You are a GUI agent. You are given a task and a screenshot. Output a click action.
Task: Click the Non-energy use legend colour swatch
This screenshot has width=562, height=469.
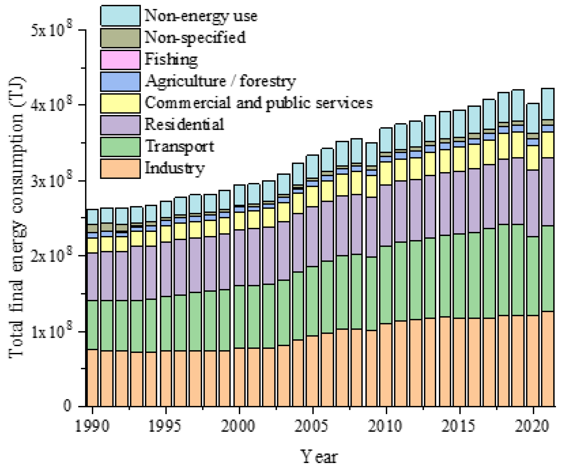(x=120, y=16)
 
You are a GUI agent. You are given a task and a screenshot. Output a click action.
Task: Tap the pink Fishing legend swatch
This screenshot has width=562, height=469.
(x=120, y=60)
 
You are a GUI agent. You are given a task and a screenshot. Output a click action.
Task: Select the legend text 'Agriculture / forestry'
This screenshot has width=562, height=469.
(x=220, y=81)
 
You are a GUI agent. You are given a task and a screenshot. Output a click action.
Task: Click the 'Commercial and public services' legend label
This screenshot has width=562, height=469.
(x=258, y=103)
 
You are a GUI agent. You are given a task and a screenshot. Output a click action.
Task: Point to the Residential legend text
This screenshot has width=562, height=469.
(x=184, y=125)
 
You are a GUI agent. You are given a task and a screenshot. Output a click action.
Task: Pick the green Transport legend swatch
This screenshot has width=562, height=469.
(x=120, y=147)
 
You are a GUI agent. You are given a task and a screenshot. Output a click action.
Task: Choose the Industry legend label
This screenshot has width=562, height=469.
(x=174, y=168)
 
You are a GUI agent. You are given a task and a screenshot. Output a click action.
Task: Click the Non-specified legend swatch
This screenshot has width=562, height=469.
(x=120, y=38)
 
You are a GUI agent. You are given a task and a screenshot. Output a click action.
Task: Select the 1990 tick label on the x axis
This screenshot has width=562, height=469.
(x=92, y=426)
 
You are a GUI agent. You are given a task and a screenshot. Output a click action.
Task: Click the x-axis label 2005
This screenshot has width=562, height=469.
(x=312, y=426)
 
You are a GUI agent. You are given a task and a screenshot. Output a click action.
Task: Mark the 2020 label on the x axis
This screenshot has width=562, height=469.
(x=532, y=426)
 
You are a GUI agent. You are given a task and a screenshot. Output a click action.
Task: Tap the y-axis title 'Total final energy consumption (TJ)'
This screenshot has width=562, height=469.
(x=16, y=217)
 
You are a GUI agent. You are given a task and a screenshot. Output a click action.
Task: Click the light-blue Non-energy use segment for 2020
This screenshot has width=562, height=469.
(x=533, y=118)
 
